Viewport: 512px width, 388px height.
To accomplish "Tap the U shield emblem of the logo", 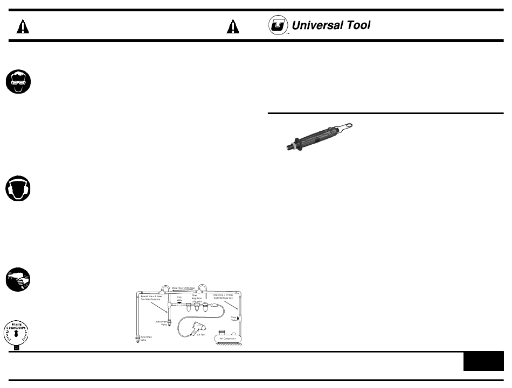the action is pyautogui.click(x=279, y=26).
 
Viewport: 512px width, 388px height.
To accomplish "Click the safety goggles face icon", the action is pyautogui.click(x=19, y=83).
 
